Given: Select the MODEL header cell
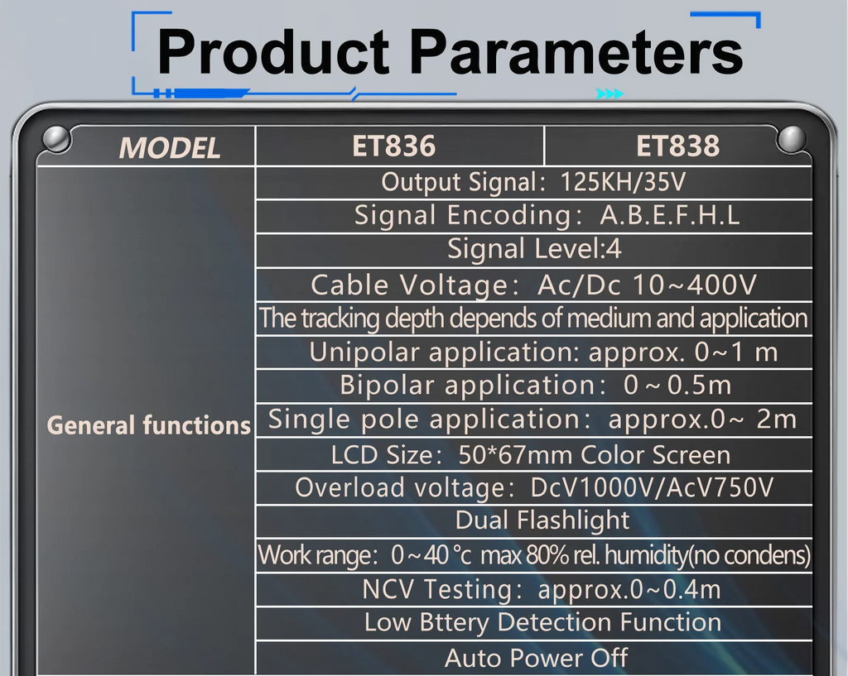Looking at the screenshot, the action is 169,148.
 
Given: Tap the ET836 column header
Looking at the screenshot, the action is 393,146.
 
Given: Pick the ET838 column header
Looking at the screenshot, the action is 677,146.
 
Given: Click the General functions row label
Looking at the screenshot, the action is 149,425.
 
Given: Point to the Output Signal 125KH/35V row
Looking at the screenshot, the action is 533,182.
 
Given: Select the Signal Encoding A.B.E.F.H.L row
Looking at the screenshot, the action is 547,216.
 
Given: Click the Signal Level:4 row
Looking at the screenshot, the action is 534,249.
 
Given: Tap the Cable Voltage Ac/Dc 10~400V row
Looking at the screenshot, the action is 533,285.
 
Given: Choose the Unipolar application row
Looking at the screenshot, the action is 543,352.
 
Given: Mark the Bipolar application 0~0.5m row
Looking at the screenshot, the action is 536,386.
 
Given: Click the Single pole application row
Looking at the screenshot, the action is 532,420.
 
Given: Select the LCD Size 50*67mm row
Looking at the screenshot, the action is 531,455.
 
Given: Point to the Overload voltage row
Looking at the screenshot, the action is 534,488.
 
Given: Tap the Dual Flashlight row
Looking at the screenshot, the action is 542,521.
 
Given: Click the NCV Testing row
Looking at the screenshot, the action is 542,590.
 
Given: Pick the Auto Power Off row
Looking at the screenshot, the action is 536,658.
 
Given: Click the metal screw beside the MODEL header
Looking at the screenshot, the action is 56,139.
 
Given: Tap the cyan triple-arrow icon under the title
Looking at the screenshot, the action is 609,94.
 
